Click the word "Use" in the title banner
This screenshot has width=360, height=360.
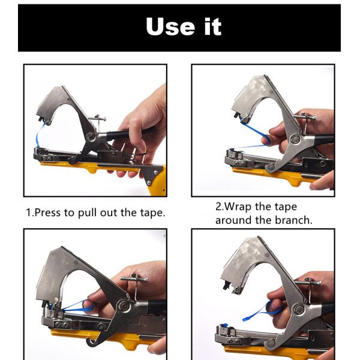(170, 26)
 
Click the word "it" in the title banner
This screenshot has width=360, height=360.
(213, 26)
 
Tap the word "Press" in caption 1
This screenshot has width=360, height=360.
(48, 212)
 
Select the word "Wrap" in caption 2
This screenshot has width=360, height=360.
(238, 206)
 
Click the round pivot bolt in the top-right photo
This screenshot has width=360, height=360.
(295, 139)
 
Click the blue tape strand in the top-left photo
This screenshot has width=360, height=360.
(39, 135)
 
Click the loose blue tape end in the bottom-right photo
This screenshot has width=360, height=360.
(262, 311)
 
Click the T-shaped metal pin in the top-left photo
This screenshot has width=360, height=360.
(98, 122)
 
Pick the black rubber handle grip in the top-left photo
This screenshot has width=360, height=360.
(128, 134)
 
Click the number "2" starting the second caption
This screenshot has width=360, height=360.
(218, 206)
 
